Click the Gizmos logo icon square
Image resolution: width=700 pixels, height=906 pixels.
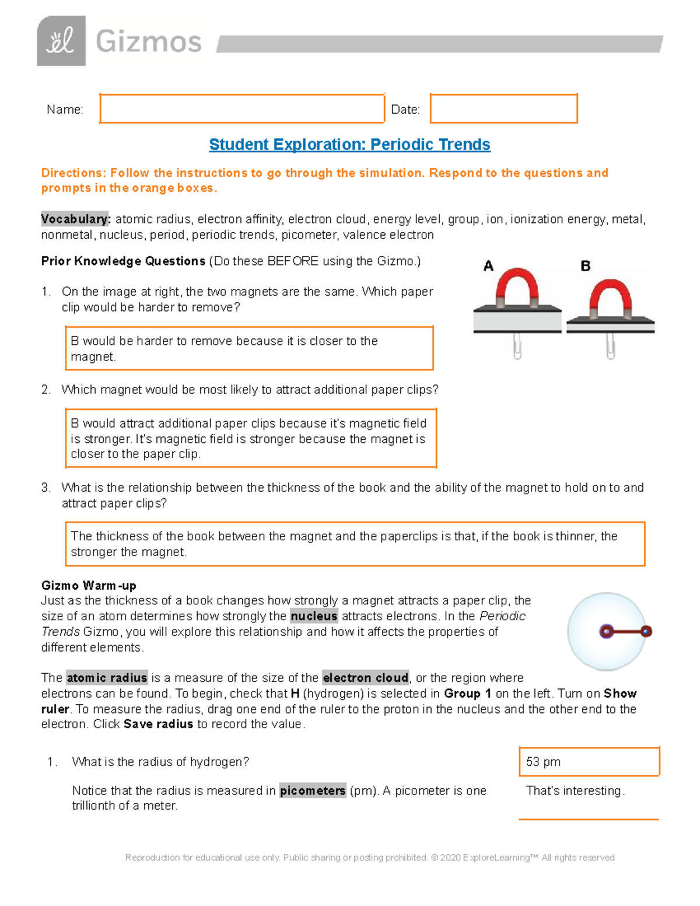(61, 41)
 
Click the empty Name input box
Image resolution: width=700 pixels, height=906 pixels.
(242, 109)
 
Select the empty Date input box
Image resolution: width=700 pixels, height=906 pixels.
(503, 109)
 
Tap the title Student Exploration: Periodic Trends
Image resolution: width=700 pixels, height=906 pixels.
(349, 144)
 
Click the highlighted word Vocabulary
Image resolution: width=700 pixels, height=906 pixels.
(75, 219)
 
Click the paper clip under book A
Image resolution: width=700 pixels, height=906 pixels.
(517, 346)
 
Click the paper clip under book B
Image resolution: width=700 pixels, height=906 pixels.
(610, 346)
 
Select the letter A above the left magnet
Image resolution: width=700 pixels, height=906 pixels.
(488, 266)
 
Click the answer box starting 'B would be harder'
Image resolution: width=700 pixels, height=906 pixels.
(249, 348)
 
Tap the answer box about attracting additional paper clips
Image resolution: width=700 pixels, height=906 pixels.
(250, 438)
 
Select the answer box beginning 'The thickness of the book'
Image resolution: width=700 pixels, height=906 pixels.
(355, 544)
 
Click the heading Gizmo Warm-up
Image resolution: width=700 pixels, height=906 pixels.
(89, 585)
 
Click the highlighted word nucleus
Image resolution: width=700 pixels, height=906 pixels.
(314, 616)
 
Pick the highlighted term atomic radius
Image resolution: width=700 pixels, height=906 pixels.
(107, 678)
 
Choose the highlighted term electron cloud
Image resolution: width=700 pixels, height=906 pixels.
(366, 678)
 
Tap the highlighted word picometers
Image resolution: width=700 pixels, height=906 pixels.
(313, 790)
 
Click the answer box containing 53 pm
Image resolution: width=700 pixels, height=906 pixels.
(589, 761)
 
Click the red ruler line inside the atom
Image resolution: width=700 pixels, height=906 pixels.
(626, 631)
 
